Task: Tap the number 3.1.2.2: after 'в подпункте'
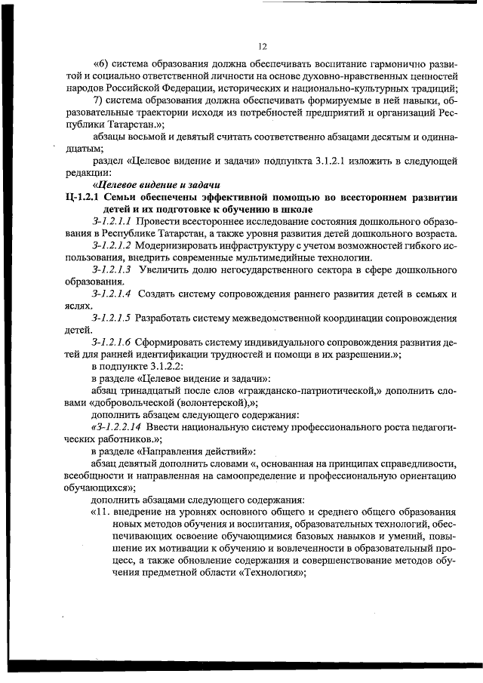point(176,366)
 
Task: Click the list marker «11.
point(102,512)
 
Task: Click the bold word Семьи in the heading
point(125,197)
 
